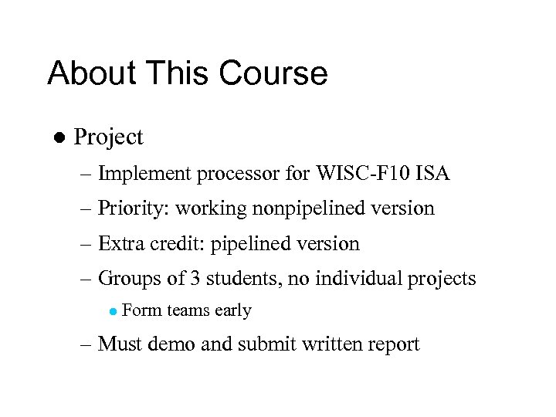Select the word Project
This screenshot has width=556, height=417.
[x=108, y=137]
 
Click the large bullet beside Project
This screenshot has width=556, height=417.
[x=57, y=137]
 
